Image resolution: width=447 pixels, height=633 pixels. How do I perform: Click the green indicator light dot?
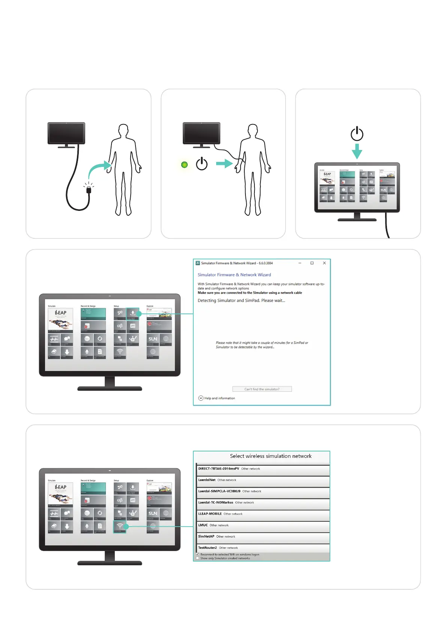(x=184, y=165)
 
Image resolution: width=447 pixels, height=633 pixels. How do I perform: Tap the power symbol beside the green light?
(x=202, y=164)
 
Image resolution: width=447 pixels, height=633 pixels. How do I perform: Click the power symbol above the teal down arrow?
(x=357, y=134)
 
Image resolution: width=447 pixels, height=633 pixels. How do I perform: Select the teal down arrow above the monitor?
(x=357, y=152)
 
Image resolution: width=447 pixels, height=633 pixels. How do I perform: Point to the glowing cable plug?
(x=89, y=190)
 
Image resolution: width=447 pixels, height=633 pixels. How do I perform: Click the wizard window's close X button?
(x=324, y=263)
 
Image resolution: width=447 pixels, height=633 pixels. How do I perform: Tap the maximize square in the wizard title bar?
(x=312, y=263)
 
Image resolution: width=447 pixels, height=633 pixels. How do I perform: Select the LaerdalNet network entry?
(x=207, y=480)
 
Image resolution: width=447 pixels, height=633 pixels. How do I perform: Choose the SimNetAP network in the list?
(x=206, y=536)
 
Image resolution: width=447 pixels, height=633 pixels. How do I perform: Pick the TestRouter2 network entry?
(x=208, y=548)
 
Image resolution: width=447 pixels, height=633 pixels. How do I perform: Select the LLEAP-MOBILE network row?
(x=210, y=514)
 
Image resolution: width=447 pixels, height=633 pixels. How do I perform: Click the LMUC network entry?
(x=203, y=525)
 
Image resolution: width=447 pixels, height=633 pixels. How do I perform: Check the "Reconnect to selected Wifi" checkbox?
(x=197, y=554)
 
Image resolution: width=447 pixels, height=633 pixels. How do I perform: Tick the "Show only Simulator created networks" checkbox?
(x=197, y=558)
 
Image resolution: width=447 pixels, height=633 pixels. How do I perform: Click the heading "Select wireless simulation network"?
(x=271, y=456)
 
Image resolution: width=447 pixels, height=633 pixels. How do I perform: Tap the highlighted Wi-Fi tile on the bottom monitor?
(x=120, y=527)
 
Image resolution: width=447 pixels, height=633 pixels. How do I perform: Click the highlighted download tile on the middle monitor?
(x=132, y=313)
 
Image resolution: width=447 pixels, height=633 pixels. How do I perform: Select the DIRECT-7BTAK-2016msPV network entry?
(x=219, y=469)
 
